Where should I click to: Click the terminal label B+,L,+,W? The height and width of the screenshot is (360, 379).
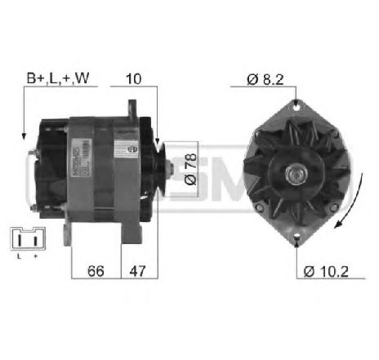pos(56,79)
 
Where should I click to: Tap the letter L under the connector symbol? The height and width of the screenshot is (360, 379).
pos(17,258)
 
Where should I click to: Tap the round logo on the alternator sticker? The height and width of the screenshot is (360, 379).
pos(129,150)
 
